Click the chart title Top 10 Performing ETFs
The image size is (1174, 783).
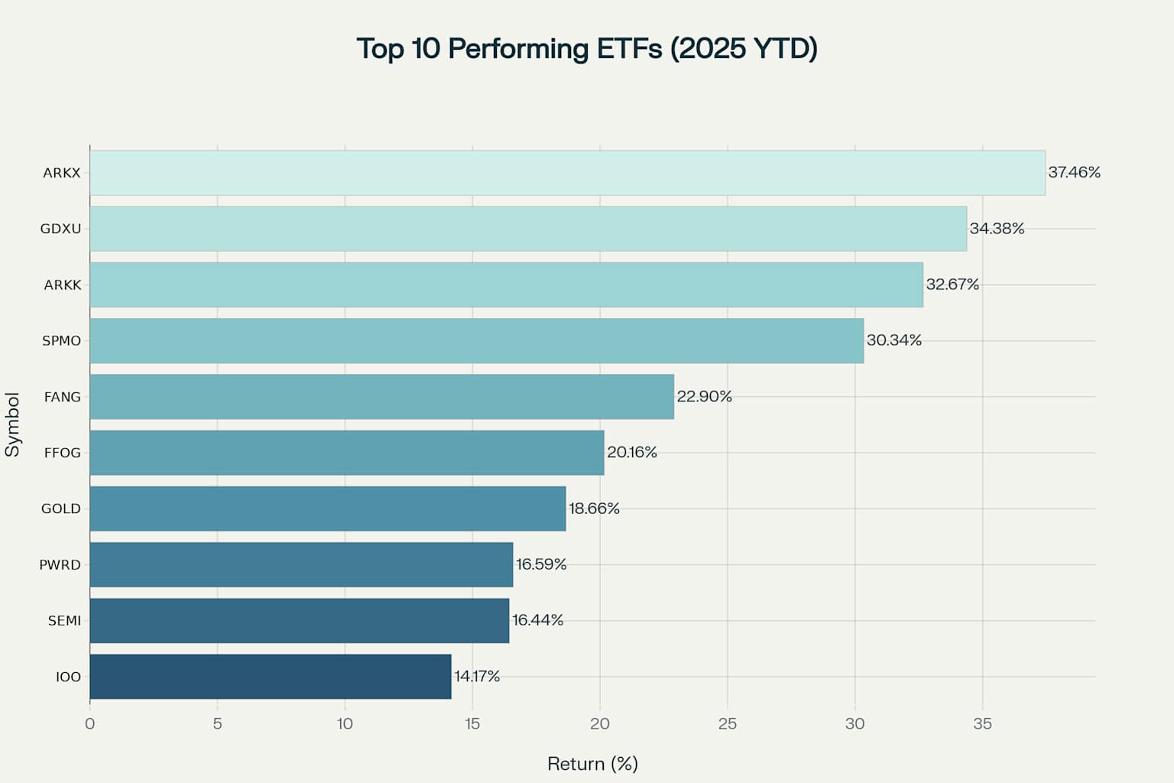pyautogui.click(x=587, y=48)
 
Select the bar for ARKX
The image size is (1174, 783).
pyautogui.click(x=567, y=173)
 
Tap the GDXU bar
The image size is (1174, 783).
pyautogui.click(x=528, y=229)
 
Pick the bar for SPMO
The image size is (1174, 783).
pyautogui.click(x=476, y=340)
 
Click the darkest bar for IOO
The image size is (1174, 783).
pyautogui.click(x=271, y=677)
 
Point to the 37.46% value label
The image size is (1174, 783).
pyautogui.click(x=1074, y=173)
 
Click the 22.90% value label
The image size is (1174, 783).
pyautogui.click(x=704, y=396)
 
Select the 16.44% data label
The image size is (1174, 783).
pyautogui.click(x=537, y=620)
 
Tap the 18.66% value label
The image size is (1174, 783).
pyautogui.click(x=594, y=508)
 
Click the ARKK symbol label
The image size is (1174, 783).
pyautogui.click(x=62, y=284)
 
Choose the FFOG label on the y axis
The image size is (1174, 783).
pyautogui.click(x=62, y=453)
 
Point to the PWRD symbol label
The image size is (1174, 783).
pyautogui.click(x=60, y=565)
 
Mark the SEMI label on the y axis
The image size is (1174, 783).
pyautogui.click(x=64, y=621)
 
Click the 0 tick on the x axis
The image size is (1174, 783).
pyautogui.click(x=90, y=723)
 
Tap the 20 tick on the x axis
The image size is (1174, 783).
pyautogui.click(x=600, y=723)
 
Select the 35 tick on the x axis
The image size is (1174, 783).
pyautogui.click(x=982, y=723)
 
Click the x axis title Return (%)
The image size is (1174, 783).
pyautogui.click(x=592, y=764)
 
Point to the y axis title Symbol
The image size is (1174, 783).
pyautogui.click(x=12, y=424)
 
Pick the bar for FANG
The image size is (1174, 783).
pyautogui.click(x=382, y=397)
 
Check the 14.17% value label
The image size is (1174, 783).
pyautogui.click(x=477, y=676)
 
